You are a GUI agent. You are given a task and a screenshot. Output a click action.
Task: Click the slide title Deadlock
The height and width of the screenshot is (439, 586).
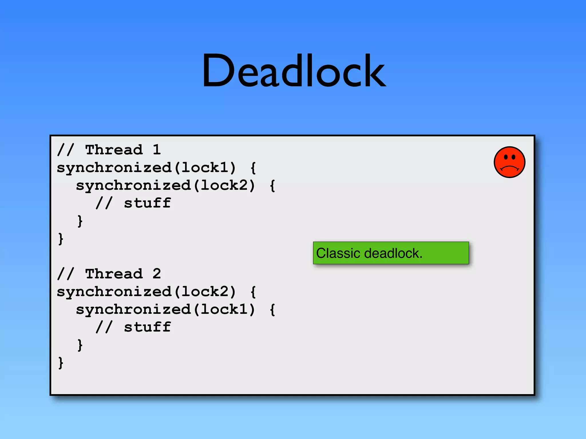pyautogui.click(x=294, y=71)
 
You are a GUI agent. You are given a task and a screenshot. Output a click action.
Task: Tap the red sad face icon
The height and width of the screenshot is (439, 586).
pyautogui.click(x=509, y=162)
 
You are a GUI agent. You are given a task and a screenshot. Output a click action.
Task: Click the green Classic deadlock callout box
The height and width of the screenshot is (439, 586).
pyautogui.click(x=391, y=253)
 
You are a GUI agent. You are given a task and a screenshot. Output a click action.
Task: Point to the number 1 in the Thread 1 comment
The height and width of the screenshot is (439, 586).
pyautogui.click(x=157, y=149)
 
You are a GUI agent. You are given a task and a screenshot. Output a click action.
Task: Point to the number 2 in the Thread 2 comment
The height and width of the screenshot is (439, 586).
pyautogui.click(x=157, y=274)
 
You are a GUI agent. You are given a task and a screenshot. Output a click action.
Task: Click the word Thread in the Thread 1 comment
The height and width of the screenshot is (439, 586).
pyautogui.click(x=114, y=149)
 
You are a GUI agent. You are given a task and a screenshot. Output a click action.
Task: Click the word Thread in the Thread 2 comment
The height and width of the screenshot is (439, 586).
pyautogui.click(x=114, y=274)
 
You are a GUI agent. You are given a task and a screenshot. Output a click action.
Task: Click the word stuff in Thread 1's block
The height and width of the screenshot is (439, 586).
pyautogui.click(x=147, y=203)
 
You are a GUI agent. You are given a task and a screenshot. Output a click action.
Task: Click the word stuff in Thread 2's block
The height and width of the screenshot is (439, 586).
pyautogui.click(x=147, y=327)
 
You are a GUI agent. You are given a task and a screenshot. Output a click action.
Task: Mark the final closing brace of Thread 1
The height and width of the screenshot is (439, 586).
pyautogui.click(x=60, y=239)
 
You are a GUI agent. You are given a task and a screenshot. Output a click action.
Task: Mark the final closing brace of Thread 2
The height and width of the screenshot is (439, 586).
pyautogui.click(x=60, y=363)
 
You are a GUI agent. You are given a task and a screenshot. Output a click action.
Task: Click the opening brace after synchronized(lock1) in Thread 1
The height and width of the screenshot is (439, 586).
pyautogui.click(x=253, y=168)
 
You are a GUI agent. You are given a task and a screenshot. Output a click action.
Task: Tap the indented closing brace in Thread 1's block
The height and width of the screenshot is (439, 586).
pyautogui.click(x=80, y=221)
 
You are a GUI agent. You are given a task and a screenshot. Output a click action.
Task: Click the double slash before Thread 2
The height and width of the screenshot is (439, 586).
pyautogui.click(x=66, y=274)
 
